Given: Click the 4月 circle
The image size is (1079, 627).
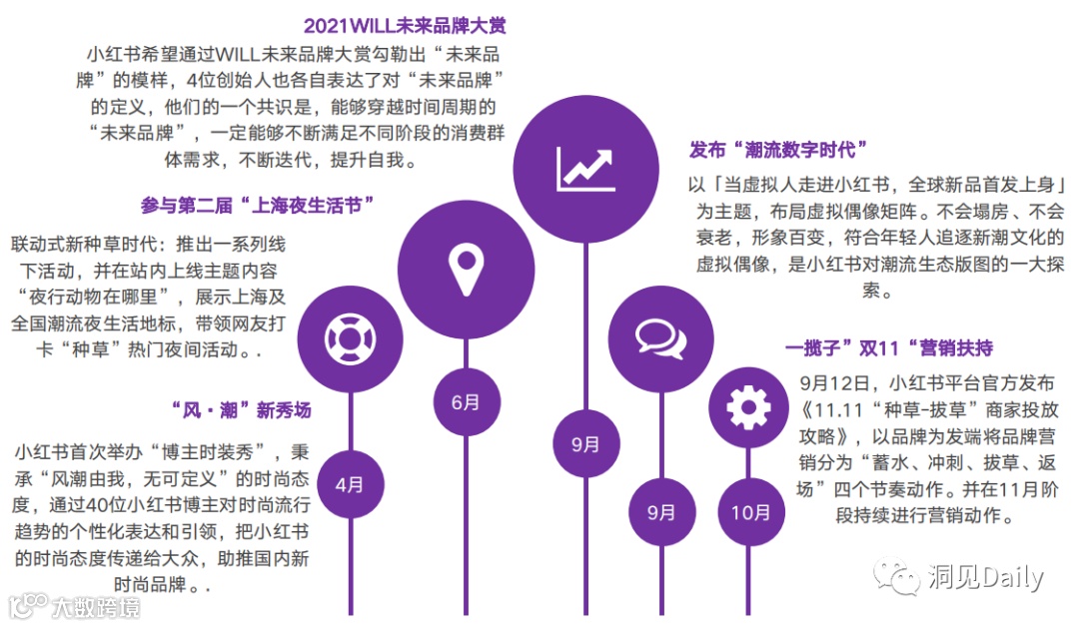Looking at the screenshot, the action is [x=350, y=484].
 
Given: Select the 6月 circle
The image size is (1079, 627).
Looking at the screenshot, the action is [x=467, y=402].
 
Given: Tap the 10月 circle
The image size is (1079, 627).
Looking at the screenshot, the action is [x=750, y=513].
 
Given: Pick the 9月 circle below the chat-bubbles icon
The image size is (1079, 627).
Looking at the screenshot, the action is [x=661, y=512].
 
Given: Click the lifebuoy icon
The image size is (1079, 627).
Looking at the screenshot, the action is [x=350, y=336].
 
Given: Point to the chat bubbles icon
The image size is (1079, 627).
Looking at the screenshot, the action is [x=661, y=336].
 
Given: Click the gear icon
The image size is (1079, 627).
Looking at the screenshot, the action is [x=750, y=407].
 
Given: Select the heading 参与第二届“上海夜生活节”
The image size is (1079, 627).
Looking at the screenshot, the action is [x=258, y=206].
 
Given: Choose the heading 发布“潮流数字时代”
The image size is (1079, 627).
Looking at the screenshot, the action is [x=777, y=150].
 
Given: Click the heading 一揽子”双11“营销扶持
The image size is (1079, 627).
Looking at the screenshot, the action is [x=888, y=347].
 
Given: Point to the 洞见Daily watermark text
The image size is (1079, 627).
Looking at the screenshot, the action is [x=984, y=576].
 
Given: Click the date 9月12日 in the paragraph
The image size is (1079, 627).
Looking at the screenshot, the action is [x=839, y=383].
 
